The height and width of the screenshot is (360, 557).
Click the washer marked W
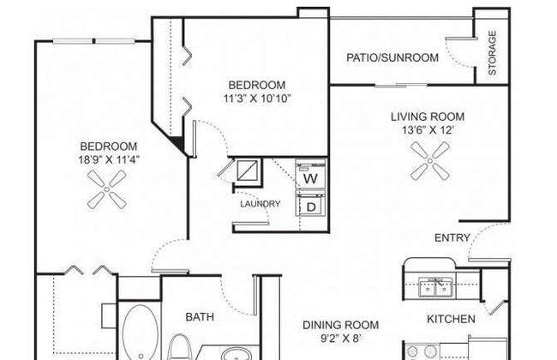tap(310, 173)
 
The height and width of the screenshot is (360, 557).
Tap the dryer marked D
tap(310, 204)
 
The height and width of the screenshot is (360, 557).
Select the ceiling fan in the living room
tap(430, 161)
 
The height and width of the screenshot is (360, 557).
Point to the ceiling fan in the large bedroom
tap(107, 189)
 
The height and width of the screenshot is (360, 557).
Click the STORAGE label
tap(492, 53)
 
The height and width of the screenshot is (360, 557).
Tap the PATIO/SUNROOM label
tap(392, 57)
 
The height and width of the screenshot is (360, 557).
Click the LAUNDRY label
tap(261, 204)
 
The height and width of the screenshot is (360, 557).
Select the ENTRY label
tap(452, 237)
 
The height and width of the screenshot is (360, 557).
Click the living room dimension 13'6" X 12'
tap(428, 130)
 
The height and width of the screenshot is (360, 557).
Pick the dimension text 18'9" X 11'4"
tap(109, 159)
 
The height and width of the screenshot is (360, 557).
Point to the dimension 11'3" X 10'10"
tap(257, 98)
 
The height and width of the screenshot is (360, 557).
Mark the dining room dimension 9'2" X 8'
tap(341, 338)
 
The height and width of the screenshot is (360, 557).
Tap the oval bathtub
tap(141, 333)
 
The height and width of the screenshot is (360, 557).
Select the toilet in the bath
tap(179, 347)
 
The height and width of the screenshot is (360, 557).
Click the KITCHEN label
tap(451, 319)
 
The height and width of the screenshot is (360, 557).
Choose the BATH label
tap(200, 316)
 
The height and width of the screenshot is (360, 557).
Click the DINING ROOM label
tap(341, 325)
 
